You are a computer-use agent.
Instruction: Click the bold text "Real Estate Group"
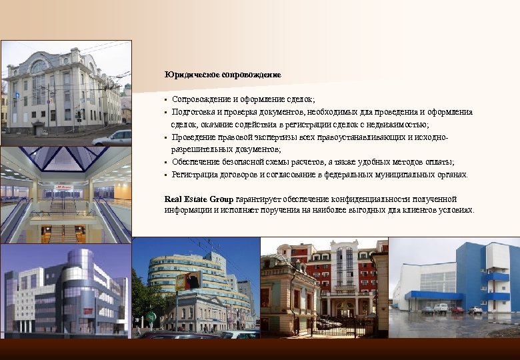tap(199, 199)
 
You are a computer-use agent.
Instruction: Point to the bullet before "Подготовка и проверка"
tap(167, 112)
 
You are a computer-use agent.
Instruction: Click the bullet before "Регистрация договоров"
tap(167, 175)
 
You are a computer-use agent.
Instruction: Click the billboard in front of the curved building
tap(189, 281)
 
